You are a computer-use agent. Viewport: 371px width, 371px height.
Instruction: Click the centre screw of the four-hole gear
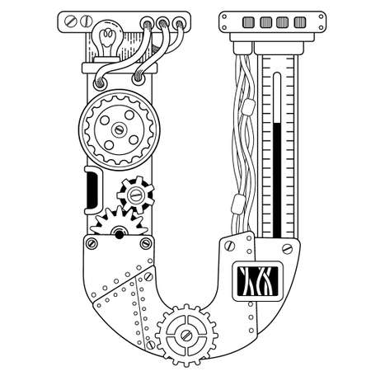pyautogui.click(x=120, y=129)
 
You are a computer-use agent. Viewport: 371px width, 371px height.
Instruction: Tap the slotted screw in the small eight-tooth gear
pyautogui.click(x=135, y=195)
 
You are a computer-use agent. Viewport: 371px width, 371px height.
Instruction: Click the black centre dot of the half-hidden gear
pyautogui.click(x=119, y=235)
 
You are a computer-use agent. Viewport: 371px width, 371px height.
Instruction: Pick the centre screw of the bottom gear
pyautogui.click(x=186, y=335)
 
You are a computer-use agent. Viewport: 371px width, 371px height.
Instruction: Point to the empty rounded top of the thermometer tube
pyautogui.click(x=277, y=97)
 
